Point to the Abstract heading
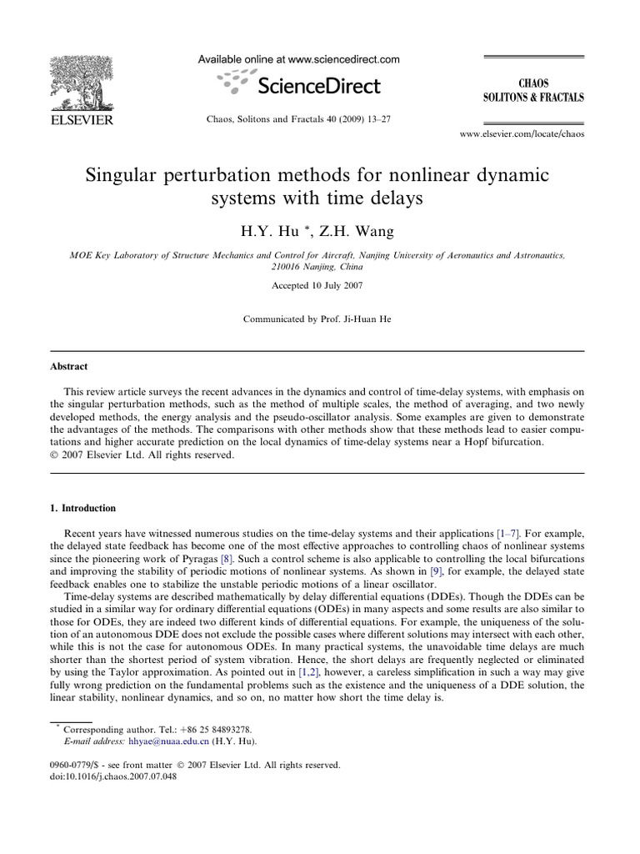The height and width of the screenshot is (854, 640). pyautogui.click(x=69, y=366)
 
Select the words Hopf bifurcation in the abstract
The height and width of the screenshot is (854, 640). pyautogui.click(x=500, y=443)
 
